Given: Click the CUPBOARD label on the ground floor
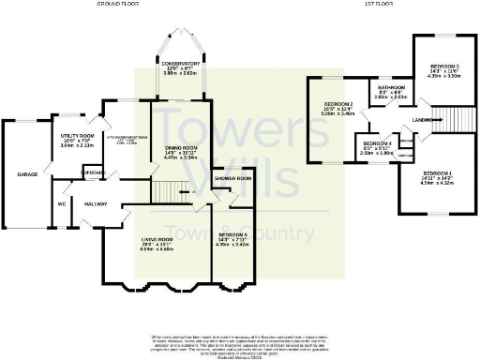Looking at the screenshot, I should click(92, 172).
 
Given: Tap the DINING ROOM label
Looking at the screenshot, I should click(181, 148).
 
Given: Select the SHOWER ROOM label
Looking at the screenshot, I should click(232, 178).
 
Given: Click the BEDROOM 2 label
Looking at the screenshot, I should click(337, 103).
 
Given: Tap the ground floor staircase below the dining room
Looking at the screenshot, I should click(169, 192).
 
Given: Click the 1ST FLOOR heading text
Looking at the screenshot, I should click(377, 5).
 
